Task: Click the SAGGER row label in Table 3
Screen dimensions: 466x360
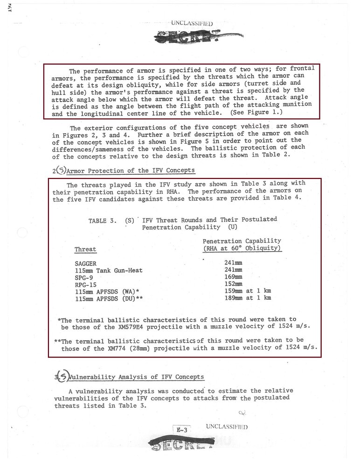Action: tap(85, 263)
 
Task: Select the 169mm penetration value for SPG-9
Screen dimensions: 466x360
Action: tap(233, 277)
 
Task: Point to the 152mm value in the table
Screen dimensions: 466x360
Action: tap(233, 284)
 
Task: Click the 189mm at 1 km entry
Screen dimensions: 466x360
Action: tap(248, 298)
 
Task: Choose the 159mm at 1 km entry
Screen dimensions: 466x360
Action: tap(248, 291)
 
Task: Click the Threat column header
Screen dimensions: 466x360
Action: tap(85, 249)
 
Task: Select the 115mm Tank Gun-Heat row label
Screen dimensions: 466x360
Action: tap(109, 270)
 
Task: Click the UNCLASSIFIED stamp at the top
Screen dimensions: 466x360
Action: tap(192, 23)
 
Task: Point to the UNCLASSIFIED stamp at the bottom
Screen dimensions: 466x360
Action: tap(226, 426)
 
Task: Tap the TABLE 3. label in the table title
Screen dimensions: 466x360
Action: tap(103, 220)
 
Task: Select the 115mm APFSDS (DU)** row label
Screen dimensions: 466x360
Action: tap(109, 299)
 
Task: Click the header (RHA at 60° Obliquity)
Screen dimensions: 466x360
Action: tap(242, 248)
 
